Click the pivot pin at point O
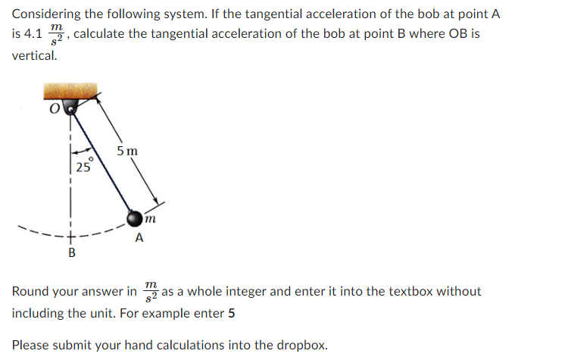[72, 108]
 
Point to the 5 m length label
[127, 150]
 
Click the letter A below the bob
[138, 239]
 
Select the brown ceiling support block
[73, 92]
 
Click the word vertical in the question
[34, 55]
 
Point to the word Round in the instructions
[30, 292]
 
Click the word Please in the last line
[30, 345]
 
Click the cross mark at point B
[72, 236]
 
